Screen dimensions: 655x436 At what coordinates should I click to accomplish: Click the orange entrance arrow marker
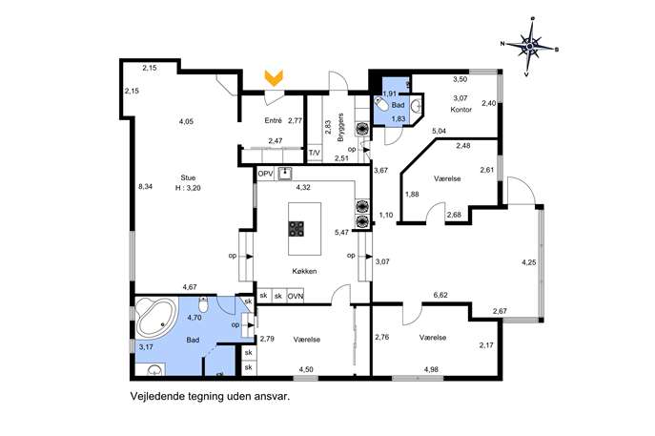tap(274, 78)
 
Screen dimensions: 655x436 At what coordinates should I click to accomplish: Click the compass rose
tap(530, 46)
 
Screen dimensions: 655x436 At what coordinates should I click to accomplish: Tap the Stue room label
tap(188, 177)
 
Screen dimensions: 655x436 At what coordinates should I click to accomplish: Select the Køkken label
tap(304, 271)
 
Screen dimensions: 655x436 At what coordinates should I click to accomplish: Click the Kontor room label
tap(461, 110)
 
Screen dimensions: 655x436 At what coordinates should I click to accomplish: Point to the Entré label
tap(274, 120)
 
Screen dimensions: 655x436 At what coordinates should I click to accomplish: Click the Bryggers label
tap(340, 127)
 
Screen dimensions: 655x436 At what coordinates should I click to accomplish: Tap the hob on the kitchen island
tap(297, 229)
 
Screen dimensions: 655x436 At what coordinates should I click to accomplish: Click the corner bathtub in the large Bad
tap(155, 319)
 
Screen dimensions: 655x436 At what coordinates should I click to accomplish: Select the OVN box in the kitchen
tap(296, 297)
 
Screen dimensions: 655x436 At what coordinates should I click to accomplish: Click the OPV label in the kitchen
tap(265, 174)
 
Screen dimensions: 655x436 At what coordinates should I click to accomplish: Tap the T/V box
tap(314, 153)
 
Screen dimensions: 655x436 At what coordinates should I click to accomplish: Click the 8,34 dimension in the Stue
tap(145, 187)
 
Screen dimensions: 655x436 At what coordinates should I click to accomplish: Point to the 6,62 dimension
tap(440, 295)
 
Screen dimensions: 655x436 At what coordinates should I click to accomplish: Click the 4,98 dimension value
tap(431, 369)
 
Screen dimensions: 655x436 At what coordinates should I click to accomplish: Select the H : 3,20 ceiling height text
tap(188, 188)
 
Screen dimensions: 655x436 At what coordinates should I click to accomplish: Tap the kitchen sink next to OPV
tap(285, 173)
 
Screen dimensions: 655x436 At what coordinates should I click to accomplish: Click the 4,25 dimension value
tap(529, 262)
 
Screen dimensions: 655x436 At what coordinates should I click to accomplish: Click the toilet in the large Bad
tap(203, 304)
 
